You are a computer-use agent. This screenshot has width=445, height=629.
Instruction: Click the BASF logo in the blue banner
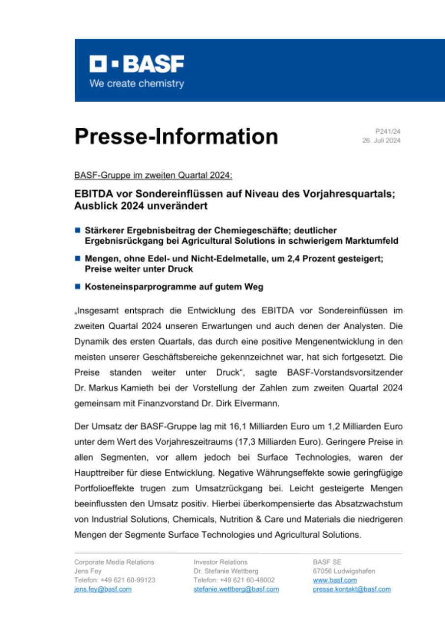[x=137, y=64]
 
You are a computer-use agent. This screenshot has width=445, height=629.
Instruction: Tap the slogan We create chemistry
[x=137, y=84]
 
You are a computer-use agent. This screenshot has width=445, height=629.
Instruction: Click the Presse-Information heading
[x=176, y=136]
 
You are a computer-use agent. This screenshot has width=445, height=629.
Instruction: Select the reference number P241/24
[x=388, y=132]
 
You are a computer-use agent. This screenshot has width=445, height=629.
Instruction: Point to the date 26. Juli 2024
[x=381, y=141]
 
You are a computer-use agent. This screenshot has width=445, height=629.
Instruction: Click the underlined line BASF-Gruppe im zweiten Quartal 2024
[x=153, y=175]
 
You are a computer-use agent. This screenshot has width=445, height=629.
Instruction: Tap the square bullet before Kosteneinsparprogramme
[x=77, y=286]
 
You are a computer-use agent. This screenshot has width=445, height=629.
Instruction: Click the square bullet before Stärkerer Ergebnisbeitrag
[x=77, y=229]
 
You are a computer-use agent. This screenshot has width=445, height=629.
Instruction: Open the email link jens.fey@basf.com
[x=103, y=589]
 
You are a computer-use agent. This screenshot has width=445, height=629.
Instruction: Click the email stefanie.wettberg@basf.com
[x=237, y=589]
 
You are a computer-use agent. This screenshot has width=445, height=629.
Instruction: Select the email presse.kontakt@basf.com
[x=352, y=589]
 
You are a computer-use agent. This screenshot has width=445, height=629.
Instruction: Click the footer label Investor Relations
[x=221, y=562]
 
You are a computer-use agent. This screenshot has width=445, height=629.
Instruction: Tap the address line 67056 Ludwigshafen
[x=344, y=571]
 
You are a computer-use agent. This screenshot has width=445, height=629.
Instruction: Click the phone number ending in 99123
[x=115, y=580]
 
